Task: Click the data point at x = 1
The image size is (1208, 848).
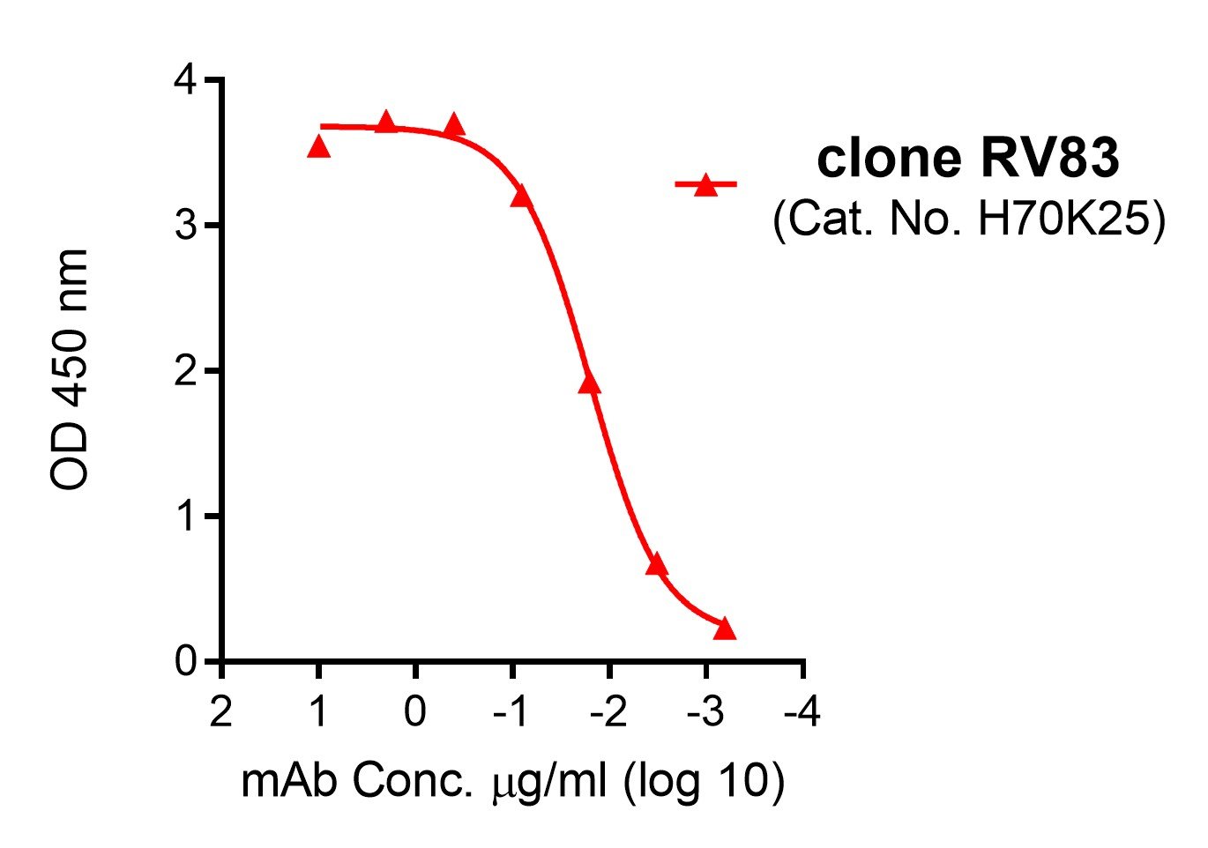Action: (x=318, y=148)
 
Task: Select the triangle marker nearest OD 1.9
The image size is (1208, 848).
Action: (x=590, y=383)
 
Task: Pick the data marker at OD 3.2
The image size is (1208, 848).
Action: (x=521, y=196)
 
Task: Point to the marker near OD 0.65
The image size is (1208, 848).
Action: (x=656, y=565)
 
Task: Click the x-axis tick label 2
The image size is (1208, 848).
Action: (x=221, y=711)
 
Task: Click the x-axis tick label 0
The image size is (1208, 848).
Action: (x=415, y=711)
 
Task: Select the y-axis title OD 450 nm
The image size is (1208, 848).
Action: (x=70, y=369)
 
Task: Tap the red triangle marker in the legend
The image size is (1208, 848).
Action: (x=705, y=185)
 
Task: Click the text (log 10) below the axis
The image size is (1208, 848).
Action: (x=703, y=782)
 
